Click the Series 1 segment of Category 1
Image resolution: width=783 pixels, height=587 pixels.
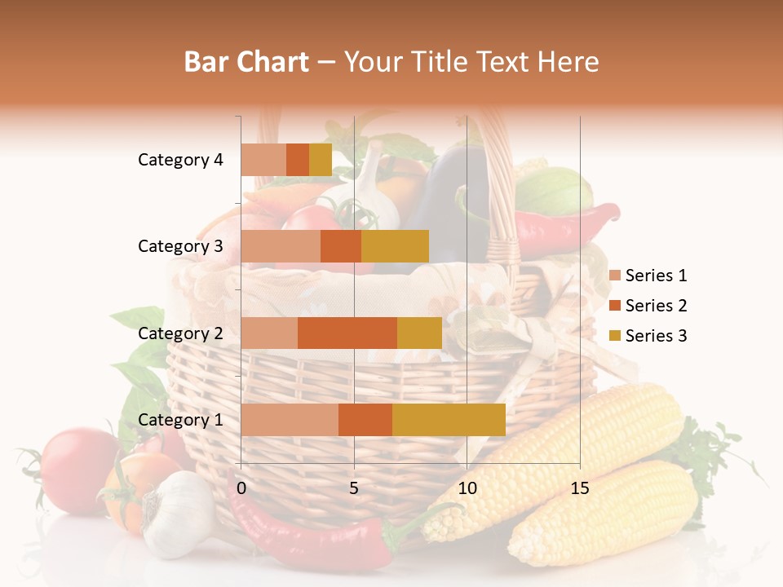[x=290, y=420]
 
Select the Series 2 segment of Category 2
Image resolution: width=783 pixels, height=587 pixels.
[x=347, y=333]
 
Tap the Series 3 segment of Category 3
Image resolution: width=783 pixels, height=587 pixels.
[x=395, y=246]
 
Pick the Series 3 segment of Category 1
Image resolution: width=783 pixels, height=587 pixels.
[x=449, y=420]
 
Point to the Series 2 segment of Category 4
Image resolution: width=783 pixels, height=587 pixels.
[x=298, y=160]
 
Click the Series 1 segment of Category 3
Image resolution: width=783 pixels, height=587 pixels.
[x=281, y=246]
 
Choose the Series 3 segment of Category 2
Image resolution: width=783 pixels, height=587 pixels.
[x=419, y=333]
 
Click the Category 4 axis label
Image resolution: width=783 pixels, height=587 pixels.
[x=180, y=160]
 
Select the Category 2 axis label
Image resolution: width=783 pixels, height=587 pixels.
[x=180, y=333]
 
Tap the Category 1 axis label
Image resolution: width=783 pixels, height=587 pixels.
[x=180, y=420]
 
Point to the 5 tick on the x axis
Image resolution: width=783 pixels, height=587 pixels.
[x=354, y=488]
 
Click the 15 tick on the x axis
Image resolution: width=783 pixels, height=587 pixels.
[x=580, y=488]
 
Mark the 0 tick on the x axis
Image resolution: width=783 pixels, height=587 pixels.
[x=241, y=488]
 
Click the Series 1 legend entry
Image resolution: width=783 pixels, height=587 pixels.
[x=656, y=276]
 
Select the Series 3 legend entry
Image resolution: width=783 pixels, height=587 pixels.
[x=656, y=336]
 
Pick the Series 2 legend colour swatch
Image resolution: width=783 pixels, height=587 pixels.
[x=615, y=306]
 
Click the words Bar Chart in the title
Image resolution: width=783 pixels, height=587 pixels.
[x=246, y=62]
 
